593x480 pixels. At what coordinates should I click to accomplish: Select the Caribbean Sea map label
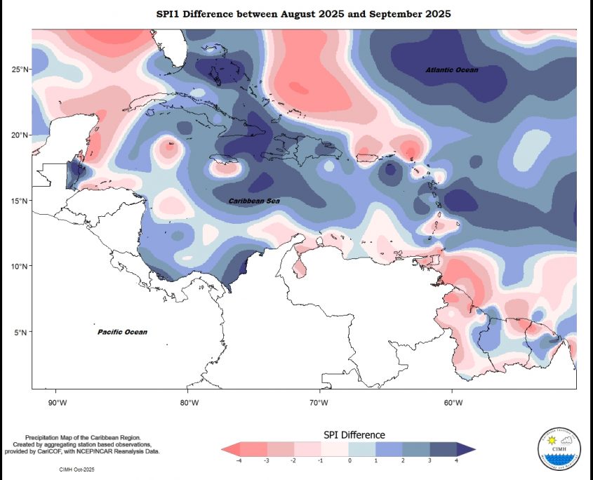coord(255,201)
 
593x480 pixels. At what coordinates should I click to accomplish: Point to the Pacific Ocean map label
coord(122,331)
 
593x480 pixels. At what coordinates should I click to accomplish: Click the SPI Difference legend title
coord(354,435)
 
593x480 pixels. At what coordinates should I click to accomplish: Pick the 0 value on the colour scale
coord(349,460)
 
